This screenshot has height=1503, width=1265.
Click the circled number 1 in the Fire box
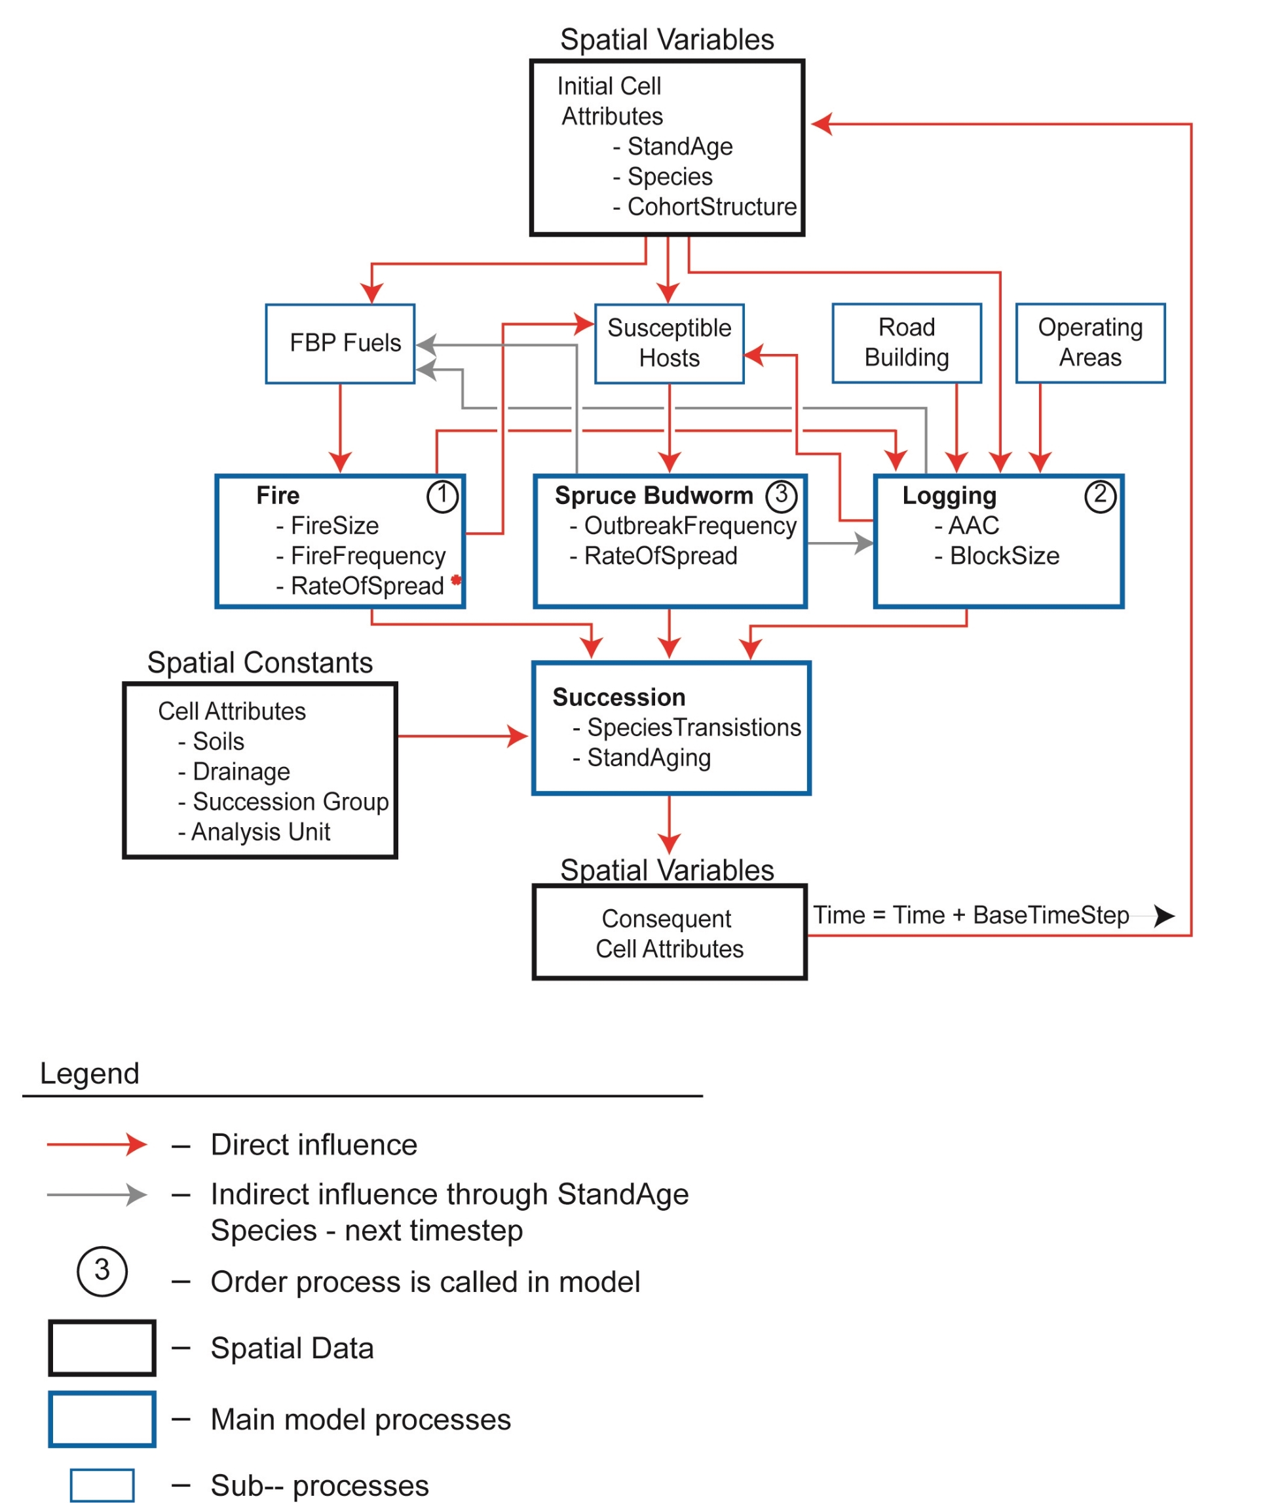442,496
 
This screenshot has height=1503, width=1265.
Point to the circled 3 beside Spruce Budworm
781,496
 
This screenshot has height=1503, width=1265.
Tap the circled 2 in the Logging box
1100,496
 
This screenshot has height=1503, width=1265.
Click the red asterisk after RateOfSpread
456,579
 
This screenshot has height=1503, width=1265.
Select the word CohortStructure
711,206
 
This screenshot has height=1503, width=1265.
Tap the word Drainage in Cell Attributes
241,772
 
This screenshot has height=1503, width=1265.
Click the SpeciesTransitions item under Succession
694,728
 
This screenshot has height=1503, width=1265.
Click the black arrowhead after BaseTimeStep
1164,916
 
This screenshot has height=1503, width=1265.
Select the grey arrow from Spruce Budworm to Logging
840,543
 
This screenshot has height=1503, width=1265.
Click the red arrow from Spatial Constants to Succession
463,736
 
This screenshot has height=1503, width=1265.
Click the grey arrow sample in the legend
97,1194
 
